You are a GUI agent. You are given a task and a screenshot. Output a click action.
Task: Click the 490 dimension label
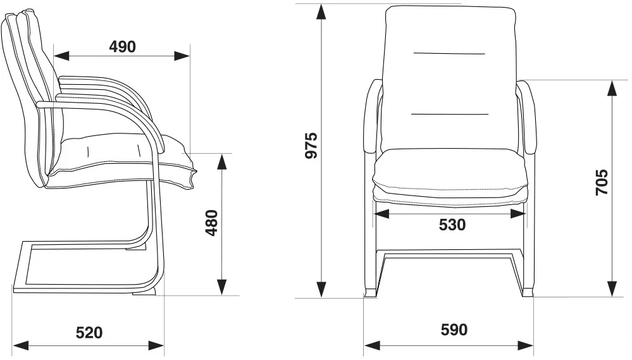pyautogui.click(x=123, y=46)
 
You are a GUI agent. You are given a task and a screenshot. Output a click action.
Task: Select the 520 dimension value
pyautogui.click(x=89, y=332)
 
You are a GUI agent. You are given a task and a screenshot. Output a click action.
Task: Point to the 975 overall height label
pyautogui.click(x=310, y=146)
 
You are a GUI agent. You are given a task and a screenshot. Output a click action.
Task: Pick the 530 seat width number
pyautogui.click(x=452, y=225)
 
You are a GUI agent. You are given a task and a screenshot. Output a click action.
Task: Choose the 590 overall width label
pyautogui.click(x=454, y=330)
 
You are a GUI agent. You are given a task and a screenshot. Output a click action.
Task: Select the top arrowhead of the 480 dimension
pyautogui.click(x=222, y=161)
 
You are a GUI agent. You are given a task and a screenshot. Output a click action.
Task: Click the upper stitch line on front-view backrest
pyautogui.click(x=449, y=54)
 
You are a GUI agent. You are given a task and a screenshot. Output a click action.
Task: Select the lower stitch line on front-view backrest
pyautogui.click(x=450, y=114)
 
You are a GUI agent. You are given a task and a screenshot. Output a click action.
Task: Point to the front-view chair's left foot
pyautogui.click(x=369, y=293)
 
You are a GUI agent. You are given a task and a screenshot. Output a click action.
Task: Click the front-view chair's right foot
pyautogui.click(x=527, y=293)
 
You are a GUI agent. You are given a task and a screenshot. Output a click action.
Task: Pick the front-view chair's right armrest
pyautogui.click(x=527, y=120)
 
